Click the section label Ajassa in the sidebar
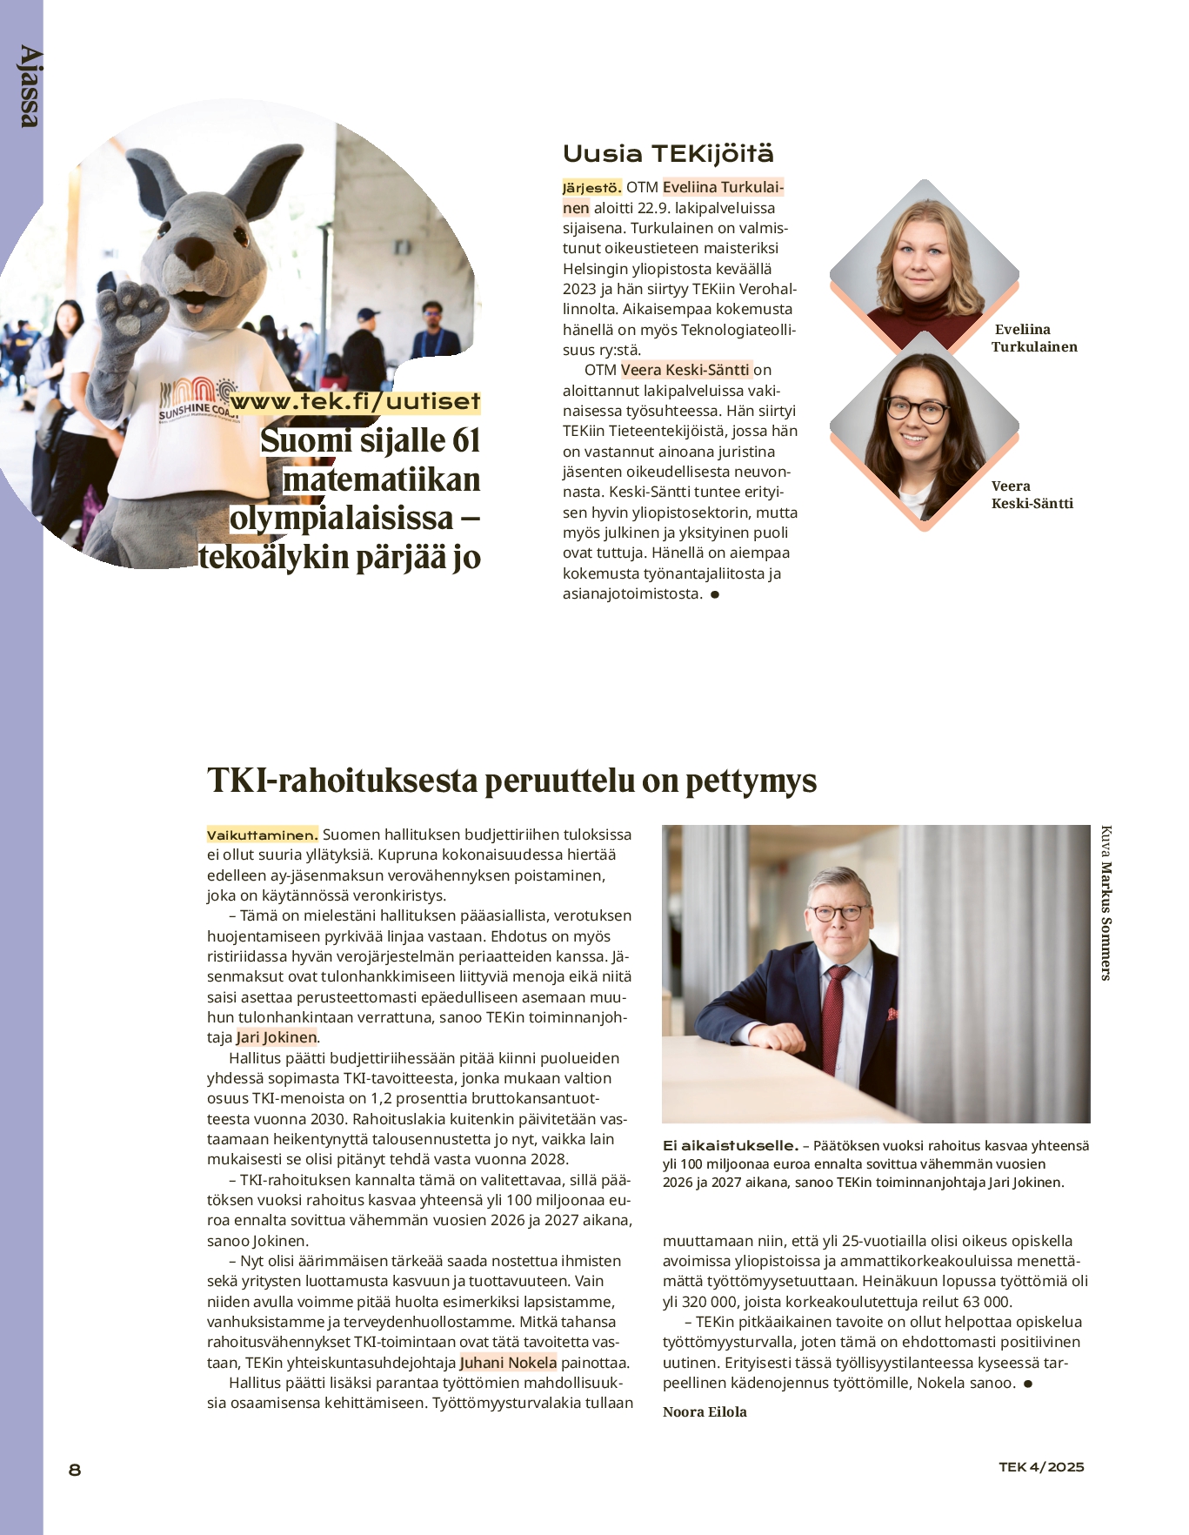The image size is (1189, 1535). point(29,87)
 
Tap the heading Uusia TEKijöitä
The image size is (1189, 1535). point(667,154)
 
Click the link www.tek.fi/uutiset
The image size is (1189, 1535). point(355,401)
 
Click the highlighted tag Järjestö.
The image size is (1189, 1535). point(591,188)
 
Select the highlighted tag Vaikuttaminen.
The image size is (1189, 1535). point(262,835)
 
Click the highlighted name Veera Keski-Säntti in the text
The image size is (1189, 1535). point(685,370)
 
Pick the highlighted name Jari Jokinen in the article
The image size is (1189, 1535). point(277,1037)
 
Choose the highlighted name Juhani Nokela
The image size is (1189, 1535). point(508,1363)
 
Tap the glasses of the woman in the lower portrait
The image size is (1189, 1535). point(917,409)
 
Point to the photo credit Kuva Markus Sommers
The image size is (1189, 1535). point(1106,902)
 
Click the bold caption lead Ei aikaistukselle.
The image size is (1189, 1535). point(730,1146)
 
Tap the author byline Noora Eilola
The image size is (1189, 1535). point(705,1411)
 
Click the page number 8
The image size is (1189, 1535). point(75,1470)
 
